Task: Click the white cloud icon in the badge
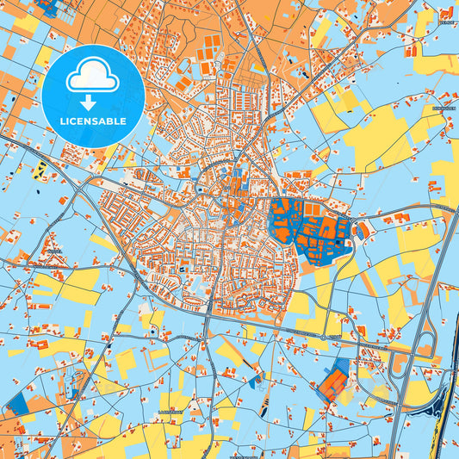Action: (x=93, y=76)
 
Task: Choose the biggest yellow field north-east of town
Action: (x=379, y=138)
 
